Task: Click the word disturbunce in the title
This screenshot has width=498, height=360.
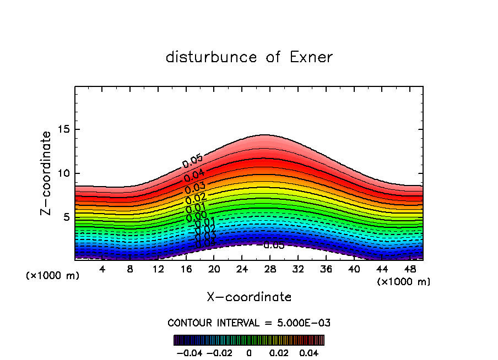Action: (212, 57)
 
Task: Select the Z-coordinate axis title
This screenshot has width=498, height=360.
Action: (47, 173)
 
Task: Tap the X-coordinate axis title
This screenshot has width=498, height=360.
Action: (249, 297)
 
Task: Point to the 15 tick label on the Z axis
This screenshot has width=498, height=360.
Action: (63, 129)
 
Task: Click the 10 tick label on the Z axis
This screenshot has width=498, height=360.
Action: (63, 173)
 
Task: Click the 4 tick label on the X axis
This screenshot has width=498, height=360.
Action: (102, 269)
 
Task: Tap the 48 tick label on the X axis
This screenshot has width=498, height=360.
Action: (410, 269)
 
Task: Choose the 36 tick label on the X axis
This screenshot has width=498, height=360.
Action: (326, 269)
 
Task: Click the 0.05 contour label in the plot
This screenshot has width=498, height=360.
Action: (193, 161)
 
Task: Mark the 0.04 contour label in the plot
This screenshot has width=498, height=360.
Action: (194, 176)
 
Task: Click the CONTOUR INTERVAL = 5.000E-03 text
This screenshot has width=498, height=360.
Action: (249, 323)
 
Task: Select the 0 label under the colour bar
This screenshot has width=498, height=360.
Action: (249, 352)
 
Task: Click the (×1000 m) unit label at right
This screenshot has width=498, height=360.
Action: (404, 282)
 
